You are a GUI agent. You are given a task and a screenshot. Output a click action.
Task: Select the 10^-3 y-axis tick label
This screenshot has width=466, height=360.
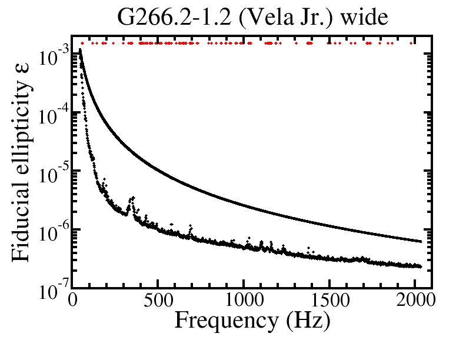[x=54, y=57]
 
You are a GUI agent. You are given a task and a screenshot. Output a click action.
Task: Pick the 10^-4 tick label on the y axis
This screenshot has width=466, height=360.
[x=54, y=115]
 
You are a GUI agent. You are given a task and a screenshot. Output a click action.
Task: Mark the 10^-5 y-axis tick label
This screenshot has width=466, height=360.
[x=54, y=172]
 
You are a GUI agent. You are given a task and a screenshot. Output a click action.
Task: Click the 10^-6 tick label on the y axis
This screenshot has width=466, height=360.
[x=54, y=230]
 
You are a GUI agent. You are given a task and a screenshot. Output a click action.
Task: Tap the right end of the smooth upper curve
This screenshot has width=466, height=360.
[x=421, y=241]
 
